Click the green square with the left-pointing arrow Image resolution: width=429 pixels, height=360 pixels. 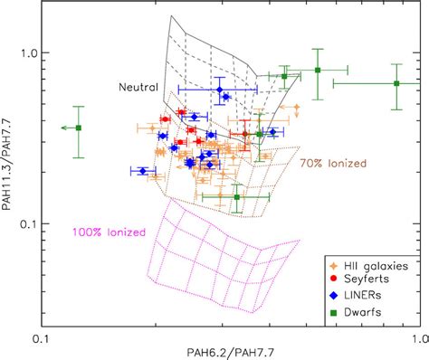click(x=79, y=128)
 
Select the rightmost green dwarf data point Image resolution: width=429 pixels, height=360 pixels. click(x=396, y=83)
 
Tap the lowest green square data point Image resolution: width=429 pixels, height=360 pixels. click(x=237, y=196)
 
